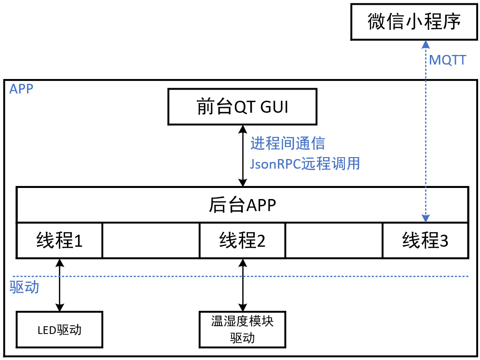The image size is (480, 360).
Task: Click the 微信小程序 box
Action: pos(414,22)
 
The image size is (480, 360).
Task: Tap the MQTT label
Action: pos(447,60)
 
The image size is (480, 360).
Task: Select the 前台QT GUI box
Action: pos(242,107)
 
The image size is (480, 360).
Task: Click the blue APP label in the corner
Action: pos(21,89)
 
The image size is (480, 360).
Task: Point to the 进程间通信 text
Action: pos(288,143)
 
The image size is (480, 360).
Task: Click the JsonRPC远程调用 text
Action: pos(305,164)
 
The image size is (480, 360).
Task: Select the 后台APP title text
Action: pos(242,205)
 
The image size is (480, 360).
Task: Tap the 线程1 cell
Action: pos(59,240)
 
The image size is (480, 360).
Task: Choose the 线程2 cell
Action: pos(242,240)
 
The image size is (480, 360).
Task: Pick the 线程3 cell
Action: pos(425,240)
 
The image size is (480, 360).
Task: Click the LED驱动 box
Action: pos(59,330)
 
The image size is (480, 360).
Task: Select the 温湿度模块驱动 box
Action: pos(242,330)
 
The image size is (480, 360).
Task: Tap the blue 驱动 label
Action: pos(24,287)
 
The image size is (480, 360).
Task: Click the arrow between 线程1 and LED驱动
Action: pos(60,284)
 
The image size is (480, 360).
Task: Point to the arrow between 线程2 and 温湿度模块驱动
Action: pos(243,284)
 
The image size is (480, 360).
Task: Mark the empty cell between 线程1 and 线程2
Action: pos(151,240)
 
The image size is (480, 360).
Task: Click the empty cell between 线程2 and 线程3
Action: pos(334,240)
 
